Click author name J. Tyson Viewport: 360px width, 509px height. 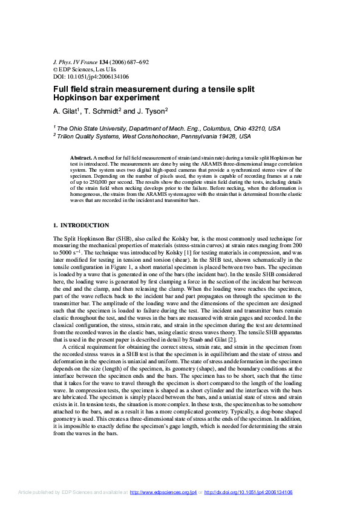coord(151,111)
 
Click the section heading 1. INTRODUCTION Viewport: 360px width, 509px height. coord(82,225)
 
